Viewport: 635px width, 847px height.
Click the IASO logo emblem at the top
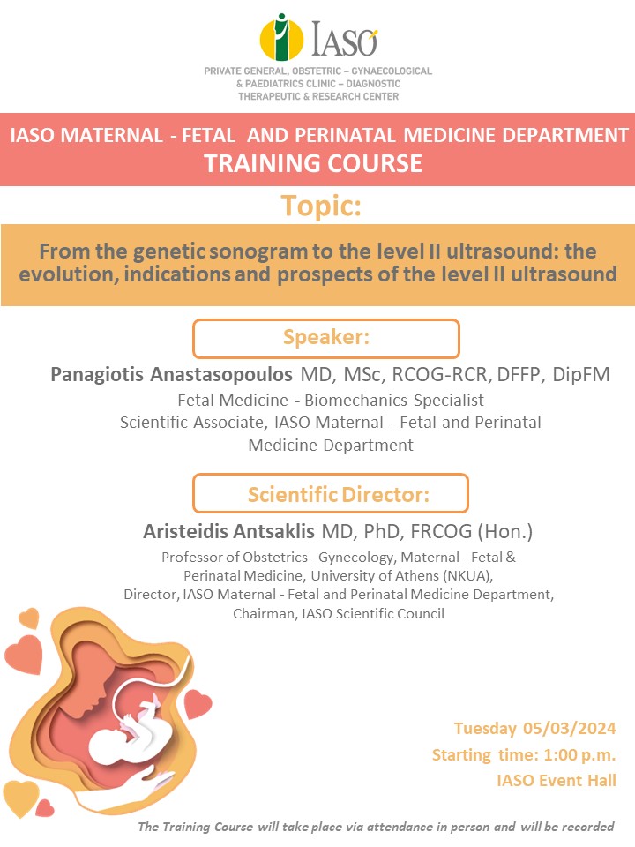point(281,37)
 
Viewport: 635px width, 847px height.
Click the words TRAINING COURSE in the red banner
point(313,163)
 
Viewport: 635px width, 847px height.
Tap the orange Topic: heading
point(321,206)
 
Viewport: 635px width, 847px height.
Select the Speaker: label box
point(326,339)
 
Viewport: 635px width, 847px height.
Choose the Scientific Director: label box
point(331,493)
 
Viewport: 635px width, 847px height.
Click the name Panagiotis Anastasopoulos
point(171,374)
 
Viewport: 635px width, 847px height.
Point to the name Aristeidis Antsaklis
point(228,531)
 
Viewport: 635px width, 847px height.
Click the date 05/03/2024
point(569,728)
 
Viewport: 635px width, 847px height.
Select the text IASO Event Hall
point(557,781)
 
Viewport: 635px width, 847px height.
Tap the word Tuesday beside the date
point(485,729)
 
